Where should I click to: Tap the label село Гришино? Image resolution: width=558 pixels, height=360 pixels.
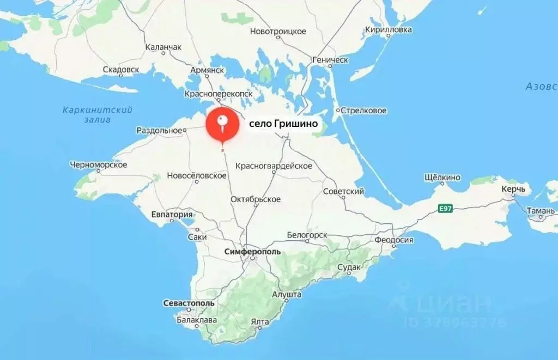[x=283, y=125]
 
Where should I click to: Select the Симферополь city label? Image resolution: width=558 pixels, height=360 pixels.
[x=253, y=252]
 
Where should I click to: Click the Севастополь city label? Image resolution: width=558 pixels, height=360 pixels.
[x=189, y=303]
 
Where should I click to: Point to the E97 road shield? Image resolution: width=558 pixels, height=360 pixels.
[x=446, y=208]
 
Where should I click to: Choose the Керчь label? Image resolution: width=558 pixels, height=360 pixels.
[x=514, y=189]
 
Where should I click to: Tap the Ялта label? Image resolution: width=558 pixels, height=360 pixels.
[x=260, y=321]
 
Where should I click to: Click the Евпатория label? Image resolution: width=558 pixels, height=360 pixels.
[x=172, y=214]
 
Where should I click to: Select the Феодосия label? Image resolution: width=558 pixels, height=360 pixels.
[x=393, y=240]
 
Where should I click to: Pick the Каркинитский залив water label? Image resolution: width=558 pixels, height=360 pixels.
[x=98, y=114]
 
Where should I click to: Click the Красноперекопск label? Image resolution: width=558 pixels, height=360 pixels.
[x=219, y=94]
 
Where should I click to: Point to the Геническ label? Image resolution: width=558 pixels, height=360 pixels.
[x=330, y=60]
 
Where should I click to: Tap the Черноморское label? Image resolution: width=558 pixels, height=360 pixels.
[x=99, y=164]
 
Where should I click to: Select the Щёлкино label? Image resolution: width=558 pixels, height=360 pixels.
[x=442, y=178]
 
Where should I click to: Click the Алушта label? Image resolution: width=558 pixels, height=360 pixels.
[x=287, y=294]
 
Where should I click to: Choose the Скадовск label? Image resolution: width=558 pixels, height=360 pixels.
[x=121, y=70]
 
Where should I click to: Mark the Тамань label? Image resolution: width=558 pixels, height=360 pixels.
[x=541, y=210]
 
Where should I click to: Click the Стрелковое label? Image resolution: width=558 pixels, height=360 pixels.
[x=364, y=111]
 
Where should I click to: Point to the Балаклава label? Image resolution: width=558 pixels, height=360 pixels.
[x=197, y=320]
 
